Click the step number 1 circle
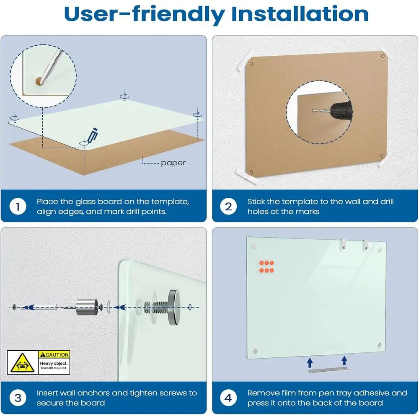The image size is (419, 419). click(18, 206)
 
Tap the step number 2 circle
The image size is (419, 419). click(228, 206)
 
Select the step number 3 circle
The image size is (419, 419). click(18, 398)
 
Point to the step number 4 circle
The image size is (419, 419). click(228, 398)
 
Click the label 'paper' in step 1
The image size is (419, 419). click(173, 163)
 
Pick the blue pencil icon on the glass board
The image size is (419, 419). click(92, 135)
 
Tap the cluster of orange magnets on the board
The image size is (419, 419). click(266, 266)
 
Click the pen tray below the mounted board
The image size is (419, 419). click(329, 370)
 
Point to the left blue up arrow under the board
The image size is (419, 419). click(310, 362)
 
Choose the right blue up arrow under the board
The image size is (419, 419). click(344, 360)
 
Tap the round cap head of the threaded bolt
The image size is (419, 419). click(174, 307)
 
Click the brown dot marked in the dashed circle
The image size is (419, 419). click(39, 81)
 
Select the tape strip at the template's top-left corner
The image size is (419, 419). click(245, 60)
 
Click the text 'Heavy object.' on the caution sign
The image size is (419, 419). click(54, 363)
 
